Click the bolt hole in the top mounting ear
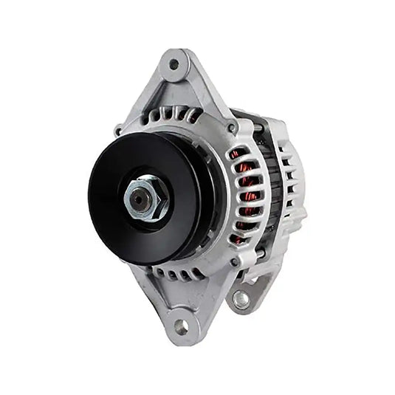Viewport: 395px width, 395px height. tap(174, 64)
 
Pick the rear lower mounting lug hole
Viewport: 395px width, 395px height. tap(241, 299)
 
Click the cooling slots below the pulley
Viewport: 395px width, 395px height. tap(177, 274)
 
